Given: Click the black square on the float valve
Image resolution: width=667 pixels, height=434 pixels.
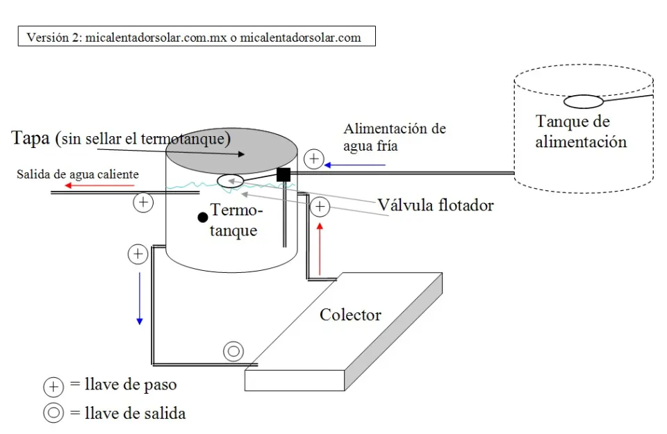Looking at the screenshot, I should pyautogui.click(x=283, y=174).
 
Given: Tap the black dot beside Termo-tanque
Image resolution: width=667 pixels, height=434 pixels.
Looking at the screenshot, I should pyautogui.click(x=203, y=217).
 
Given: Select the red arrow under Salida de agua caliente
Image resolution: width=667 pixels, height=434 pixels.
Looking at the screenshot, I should pyautogui.click(x=81, y=185).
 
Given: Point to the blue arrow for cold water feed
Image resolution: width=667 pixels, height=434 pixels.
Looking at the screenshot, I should pyautogui.click(x=355, y=165).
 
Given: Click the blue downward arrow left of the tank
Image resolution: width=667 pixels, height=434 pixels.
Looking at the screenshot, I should pyautogui.click(x=140, y=298).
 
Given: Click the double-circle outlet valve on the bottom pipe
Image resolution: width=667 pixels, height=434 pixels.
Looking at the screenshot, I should pyautogui.click(x=233, y=351).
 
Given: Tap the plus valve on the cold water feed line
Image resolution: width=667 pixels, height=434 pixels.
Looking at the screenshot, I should pyautogui.click(x=314, y=159).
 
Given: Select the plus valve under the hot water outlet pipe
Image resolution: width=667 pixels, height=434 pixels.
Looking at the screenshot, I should pyautogui.click(x=143, y=203).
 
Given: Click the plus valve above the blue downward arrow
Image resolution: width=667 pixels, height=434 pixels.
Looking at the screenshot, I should pyautogui.click(x=138, y=254).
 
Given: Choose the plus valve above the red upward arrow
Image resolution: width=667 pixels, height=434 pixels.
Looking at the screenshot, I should pyautogui.click(x=320, y=206).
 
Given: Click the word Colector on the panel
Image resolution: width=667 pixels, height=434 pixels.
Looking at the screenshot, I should pyautogui.click(x=350, y=315).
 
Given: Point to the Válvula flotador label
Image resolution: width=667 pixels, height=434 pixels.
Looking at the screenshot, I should pyautogui.click(x=436, y=205).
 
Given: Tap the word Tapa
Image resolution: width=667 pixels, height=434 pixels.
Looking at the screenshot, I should pyautogui.click(x=30, y=137).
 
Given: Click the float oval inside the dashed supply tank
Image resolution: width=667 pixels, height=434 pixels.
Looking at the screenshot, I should pyautogui.click(x=583, y=102).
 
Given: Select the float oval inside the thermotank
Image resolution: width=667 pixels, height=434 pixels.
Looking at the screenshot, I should pyautogui.click(x=230, y=181).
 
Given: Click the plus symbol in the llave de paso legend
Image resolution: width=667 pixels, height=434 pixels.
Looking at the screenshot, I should pyautogui.click(x=53, y=387).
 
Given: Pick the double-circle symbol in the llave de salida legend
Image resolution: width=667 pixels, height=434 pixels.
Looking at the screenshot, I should pyautogui.click(x=53, y=412).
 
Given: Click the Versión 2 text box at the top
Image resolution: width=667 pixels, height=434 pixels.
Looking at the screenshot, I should pyautogui.click(x=197, y=37).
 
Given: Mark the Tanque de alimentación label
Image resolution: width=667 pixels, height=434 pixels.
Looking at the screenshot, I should pyautogui.click(x=581, y=132).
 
